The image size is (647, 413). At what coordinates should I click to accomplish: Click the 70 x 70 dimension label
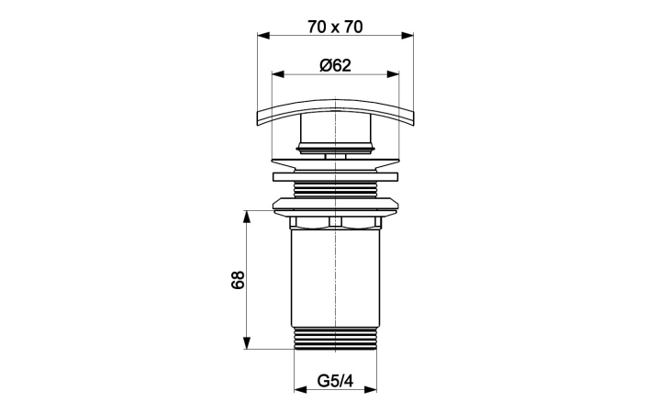coord(335,28)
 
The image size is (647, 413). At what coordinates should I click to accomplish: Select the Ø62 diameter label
coord(335,65)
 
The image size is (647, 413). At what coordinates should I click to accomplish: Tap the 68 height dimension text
coord(238,280)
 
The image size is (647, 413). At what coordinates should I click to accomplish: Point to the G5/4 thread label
coord(335,381)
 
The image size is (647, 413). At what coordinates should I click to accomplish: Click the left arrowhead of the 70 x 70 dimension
coord(263,36)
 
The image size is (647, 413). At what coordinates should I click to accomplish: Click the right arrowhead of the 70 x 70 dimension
coord(407,36)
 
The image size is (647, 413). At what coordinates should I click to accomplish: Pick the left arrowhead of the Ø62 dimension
coord(278,74)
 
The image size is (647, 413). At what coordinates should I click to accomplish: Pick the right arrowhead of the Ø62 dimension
coord(393,74)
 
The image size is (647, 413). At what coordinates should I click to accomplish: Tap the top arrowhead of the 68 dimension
coord(247,217)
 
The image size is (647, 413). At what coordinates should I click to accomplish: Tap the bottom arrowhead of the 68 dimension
coord(247,343)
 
